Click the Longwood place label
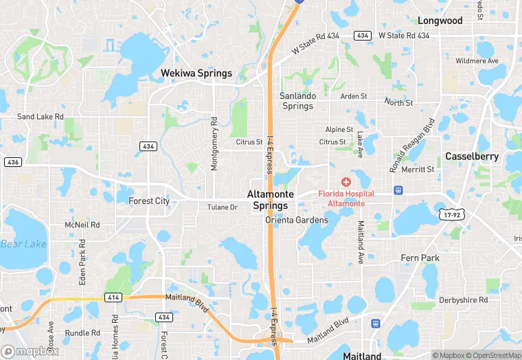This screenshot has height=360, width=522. click(x=440, y=21)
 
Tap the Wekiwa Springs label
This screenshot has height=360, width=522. click(x=196, y=73)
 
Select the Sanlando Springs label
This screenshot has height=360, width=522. click(x=297, y=101)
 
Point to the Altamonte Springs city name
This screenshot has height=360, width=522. click(x=271, y=200)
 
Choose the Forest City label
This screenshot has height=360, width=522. click(x=149, y=201)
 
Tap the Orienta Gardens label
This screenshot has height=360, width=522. click(x=297, y=221)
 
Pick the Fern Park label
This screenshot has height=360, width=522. click(x=420, y=258)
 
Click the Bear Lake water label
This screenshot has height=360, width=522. click(x=23, y=244)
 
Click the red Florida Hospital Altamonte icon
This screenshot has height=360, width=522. click(x=345, y=182)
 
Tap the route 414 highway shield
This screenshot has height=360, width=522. click(x=113, y=297)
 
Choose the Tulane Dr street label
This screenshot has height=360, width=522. click(x=223, y=207)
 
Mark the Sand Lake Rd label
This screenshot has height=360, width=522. click(x=41, y=117)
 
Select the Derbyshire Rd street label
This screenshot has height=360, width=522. click(x=464, y=300)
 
